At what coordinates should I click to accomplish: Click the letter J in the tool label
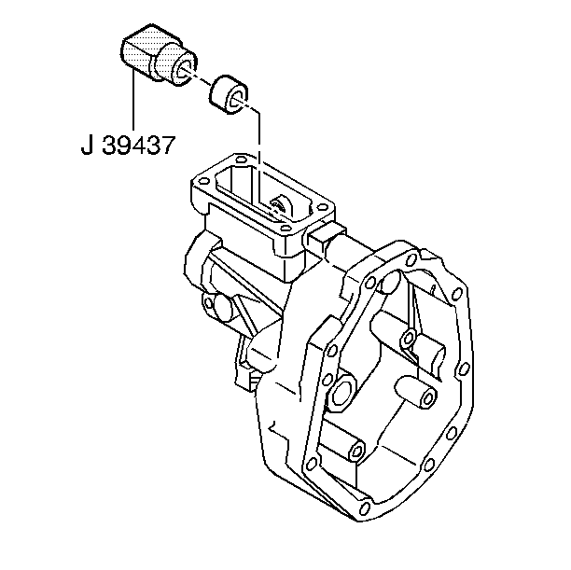87,145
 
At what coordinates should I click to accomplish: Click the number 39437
138,145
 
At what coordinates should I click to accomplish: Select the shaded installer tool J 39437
158,55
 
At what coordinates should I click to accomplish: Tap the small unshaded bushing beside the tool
230,94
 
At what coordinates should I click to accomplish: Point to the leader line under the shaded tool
133,99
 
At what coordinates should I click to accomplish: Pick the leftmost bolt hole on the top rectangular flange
204,181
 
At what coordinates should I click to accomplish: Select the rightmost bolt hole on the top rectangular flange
323,207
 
